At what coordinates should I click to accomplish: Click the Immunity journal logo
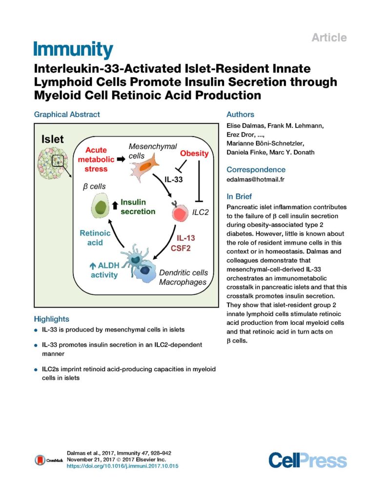(x=73, y=49)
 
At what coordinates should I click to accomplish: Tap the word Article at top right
(x=329, y=37)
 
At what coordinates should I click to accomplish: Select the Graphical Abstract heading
(x=67, y=114)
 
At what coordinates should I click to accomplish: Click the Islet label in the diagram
(x=52, y=139)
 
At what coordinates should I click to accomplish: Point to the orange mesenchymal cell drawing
(x=144, y=167)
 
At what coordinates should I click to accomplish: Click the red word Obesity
(x=194, y=153)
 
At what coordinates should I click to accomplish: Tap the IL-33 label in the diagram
(x=173, y=179)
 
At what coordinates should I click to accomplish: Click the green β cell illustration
(x=101, y=207)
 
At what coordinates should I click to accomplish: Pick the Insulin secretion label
(x=138, y=207)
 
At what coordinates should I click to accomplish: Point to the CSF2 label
(x=181, y=248)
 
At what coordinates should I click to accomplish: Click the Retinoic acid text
(x=95, y=238)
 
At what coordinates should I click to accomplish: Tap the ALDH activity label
(x=104, y=270)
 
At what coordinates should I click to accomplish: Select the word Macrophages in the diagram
(x=182, y=282)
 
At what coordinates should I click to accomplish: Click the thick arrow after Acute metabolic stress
(x=121, y=159)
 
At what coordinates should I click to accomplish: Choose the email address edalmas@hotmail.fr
(x=255, y=179)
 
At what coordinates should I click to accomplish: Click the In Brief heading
(x=239, y=196)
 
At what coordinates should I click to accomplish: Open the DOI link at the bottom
(x=122, y=466)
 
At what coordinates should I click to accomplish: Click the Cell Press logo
(x=307, y=460)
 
